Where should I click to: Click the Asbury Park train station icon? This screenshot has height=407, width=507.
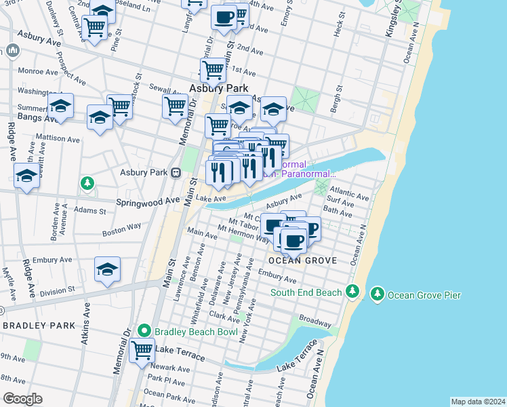[x=175, y=172]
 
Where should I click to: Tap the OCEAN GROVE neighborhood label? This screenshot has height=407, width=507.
[x=293, y=260]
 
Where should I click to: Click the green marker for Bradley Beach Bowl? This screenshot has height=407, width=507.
[x=144, y=331]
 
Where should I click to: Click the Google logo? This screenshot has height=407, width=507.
[x=22, y=398]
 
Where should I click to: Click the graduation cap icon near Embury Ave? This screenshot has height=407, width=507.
[x=107, y=270]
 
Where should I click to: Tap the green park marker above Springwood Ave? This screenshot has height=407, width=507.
[x=87, y=183]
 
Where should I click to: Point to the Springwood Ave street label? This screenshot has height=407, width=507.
[x=147, y=201]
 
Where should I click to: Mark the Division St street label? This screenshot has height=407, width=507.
[x=57, y=292]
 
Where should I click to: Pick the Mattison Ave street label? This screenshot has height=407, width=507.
[x=58, y=140]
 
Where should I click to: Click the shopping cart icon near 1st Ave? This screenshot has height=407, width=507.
[x=214, y=69]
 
